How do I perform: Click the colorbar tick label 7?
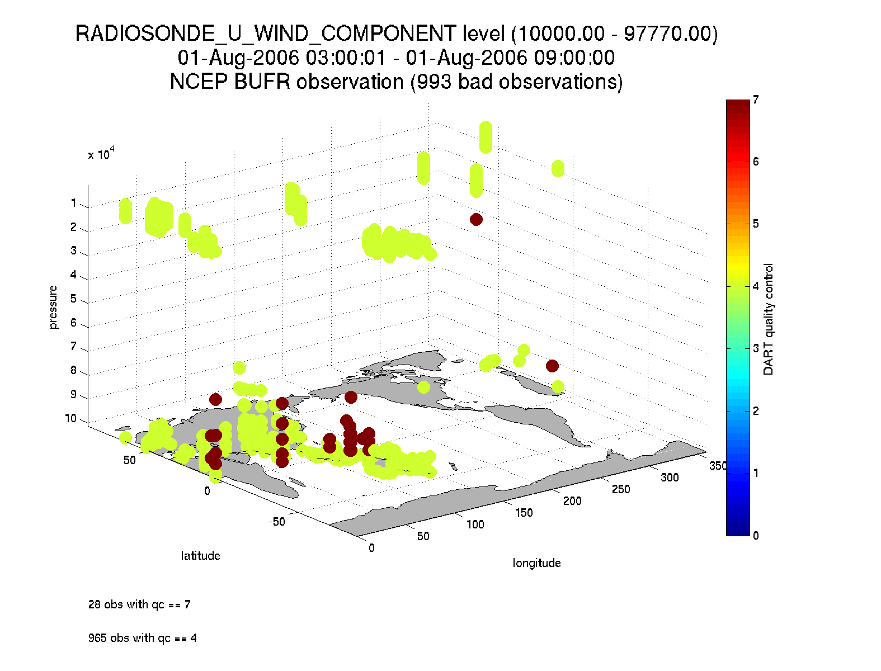pyautogui.click(x=756, y=100)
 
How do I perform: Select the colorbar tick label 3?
pyautogui.click(x=756, y=348)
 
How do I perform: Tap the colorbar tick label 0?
pyautogui.click(x=756, y=536)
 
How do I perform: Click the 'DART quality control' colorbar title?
pyautogui.click(x=769, y=319)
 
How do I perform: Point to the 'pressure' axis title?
pyautogui.click(x=53, y=307)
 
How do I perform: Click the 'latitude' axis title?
pyautogui.click(x=200, y=556)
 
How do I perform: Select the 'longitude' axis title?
pyautogui.click(x=536, y=563)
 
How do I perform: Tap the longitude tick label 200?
pyautogui.click(x=572, y=501)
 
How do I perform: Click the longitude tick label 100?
pyautogui.click(x=475, y=524)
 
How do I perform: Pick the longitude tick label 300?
pyautogui.click(x=669, y=478)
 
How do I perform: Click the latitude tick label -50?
pyautogui.click(x=277, y=522)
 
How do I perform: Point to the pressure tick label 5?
pyautogui.click(x=73, y=299)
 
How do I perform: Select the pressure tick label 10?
pyautogui.click(x=70, y=418)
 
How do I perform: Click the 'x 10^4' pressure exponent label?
pyautogui.click(x=101, y=154)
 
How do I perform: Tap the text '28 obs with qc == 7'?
pyautogui.click(x=139, y=604)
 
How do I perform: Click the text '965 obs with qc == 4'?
pyautogui.click(x=142, y=638)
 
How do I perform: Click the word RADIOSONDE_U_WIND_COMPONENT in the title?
pyautogui.click(x=266, y=34)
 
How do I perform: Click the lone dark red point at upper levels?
pyautogui.click(x=476, y=219)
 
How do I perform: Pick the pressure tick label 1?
pyautogui.click(x=73, y=204)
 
